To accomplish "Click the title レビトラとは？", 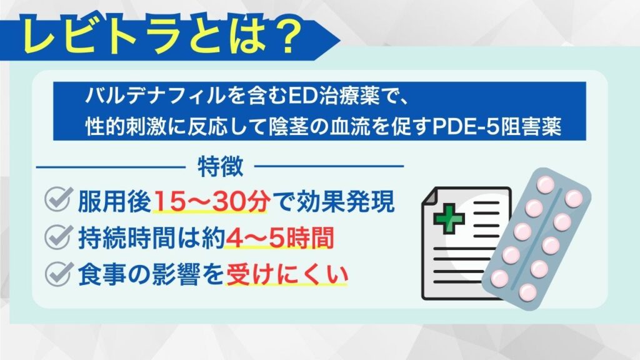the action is pos(162,36).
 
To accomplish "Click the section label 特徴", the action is pos(221,166).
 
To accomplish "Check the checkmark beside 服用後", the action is pos(58,199).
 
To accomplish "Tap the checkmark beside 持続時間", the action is pos(58,236).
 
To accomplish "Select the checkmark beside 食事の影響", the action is pos(58,274).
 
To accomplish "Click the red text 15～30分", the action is pos(211,201).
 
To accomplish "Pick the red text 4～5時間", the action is pos(280,238).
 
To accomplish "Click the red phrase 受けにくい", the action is pos(286,275).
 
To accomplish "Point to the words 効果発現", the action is pos(346,201).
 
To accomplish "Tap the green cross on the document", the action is pos(449,218).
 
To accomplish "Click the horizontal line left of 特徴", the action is pos(111,166).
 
